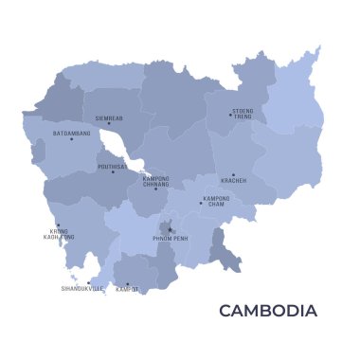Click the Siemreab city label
(109, 117)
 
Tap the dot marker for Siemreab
(109, 123)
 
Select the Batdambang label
(72, 134)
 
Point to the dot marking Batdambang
(71, 139)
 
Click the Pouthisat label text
(113, 166)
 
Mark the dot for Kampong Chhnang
(156, 189)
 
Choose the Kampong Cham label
(216, 201)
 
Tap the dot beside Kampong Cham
(200, 201)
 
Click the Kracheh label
(233, 180)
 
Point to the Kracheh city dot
(233, 174)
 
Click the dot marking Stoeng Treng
(230, 116)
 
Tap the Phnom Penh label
(171, 239)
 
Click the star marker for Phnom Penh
(171, 230)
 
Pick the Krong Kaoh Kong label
(60, 234)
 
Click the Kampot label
(128, 288)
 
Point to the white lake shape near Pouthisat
(120, 149)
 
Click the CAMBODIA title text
(268, 311)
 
